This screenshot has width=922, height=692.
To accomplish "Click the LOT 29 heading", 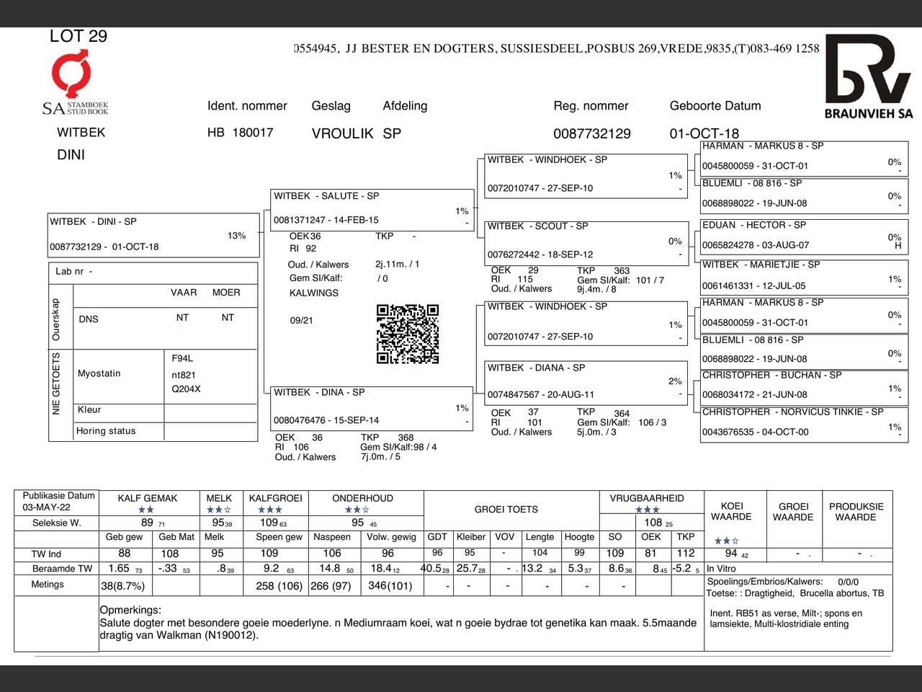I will tap(79, 36).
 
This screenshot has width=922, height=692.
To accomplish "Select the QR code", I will tap(408, 334).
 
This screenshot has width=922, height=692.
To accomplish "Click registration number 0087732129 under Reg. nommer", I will tap(591, 133).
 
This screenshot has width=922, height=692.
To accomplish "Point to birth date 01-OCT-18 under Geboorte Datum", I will tap(704, 133).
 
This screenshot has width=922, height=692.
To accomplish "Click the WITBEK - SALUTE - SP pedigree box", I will tap(372, 209).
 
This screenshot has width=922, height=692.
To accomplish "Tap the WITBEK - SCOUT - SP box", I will tap(585, 240).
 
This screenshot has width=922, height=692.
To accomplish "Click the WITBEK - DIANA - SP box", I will tap(585, 381).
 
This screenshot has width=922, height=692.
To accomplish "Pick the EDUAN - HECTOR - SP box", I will tap(802, 236).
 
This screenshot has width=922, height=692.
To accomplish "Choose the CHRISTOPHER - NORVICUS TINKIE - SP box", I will tap(802, 422).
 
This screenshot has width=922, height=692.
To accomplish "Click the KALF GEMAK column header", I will tap(147, 498).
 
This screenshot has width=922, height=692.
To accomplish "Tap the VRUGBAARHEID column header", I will tap(646, 498).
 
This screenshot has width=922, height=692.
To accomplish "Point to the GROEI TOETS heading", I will tap(506, 510).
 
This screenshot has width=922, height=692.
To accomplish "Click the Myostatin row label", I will tap(99, 373).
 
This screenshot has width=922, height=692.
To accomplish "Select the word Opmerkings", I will tap(130, 610).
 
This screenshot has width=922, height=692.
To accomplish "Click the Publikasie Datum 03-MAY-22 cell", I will tap(57, 501).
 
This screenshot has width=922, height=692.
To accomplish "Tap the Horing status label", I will tap(106, 431).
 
